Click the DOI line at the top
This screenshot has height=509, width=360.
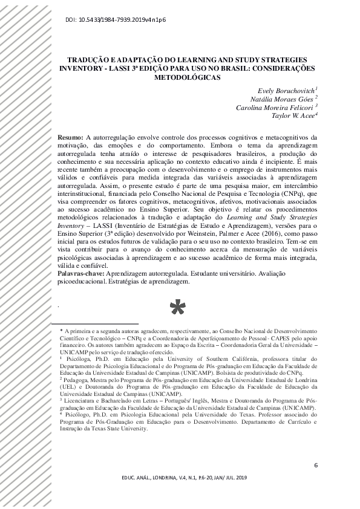coord(114,20)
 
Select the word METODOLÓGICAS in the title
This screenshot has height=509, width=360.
coord(190,77)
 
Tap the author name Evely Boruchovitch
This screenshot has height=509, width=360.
coord(283,90)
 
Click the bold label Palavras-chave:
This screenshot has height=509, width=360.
coord(85,274)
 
